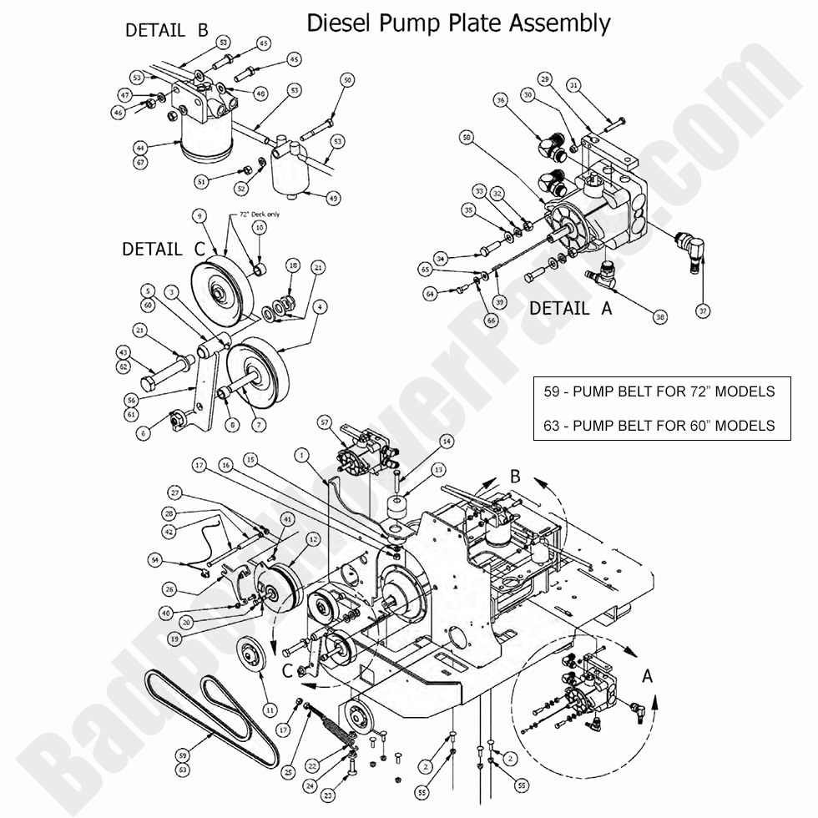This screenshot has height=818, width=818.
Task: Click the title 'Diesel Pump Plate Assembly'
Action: pos(458,23)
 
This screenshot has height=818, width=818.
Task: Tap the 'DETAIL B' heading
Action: pos(166,30)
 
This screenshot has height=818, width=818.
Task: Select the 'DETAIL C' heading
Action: pos(163,249)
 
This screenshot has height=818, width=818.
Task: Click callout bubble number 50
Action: pos(347,79)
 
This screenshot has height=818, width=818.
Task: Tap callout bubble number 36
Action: pos(501,100)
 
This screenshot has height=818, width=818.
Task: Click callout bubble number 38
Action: pos(660,316)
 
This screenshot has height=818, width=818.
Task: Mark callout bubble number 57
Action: pos(325,423)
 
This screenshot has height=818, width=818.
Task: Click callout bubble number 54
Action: pos(154,558)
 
